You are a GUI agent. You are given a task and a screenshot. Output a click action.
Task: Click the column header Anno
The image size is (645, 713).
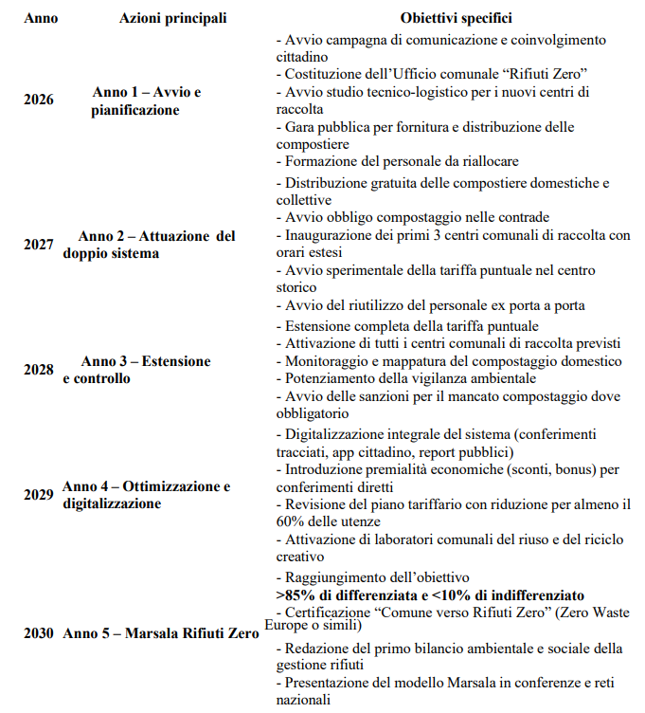pyautogui.click(x=40, y=18)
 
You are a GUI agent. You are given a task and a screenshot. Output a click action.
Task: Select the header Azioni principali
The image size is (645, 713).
pyautogui.click(x=173, y=18)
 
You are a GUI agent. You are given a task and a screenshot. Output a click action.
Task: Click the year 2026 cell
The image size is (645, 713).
pyautogui.click(x=40, y=100)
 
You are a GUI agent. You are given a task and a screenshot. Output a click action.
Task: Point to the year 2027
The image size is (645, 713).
pyautogui.click(x=40, y=244)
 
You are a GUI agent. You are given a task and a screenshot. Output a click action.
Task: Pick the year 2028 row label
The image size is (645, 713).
pyautogui.click(x=40, y=369)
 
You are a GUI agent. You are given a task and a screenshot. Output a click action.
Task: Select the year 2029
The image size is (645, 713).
pyautogui.click(x=40, y=495)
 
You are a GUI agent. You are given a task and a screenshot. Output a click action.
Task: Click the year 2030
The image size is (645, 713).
pyautogui.click(x=40, y=632)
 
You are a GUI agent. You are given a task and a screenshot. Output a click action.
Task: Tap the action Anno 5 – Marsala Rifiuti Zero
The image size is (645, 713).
pyautogui.click(x=161, y=632)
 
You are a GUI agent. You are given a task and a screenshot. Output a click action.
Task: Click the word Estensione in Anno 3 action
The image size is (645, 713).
pyautogui.click(x=178, y=361)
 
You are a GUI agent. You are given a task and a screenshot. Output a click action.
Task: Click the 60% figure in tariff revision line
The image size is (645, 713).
pyautogui.click(x=292, y=521)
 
